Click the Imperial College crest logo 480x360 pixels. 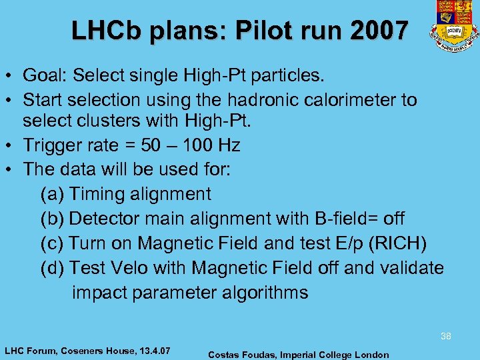455,25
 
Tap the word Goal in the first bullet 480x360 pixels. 44,75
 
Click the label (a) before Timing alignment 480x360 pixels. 52,194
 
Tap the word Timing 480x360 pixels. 96,194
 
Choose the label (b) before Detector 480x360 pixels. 52,219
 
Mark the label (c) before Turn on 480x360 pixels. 52,243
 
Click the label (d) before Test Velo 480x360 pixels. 52,268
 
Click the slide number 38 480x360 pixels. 445,337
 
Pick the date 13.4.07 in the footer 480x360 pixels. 153,350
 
